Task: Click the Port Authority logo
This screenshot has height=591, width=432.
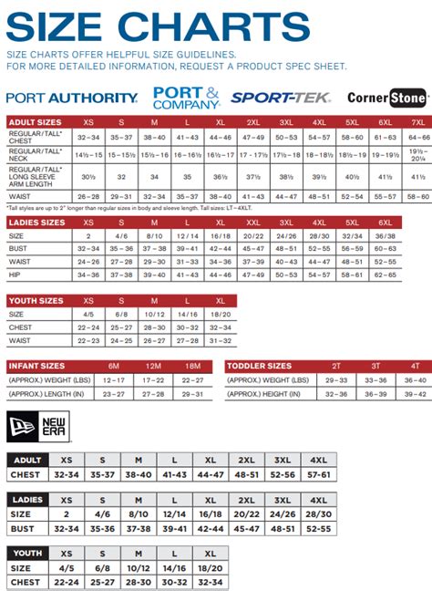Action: pyautogui.click(x=72, y=97)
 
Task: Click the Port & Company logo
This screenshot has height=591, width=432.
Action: pyautogui.click(x=187, y=97)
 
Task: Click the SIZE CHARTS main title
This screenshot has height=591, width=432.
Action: pyautogui.click(x=158, y=27)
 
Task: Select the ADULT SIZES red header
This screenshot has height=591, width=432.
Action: pyautogui.click(x=36, y=121)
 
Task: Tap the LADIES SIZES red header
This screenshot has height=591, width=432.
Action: pyautogui.click(x=37, y=222)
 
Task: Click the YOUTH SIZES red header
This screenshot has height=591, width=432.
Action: pyautogui.click(x=36, y=299)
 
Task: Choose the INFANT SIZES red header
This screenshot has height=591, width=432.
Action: pyautogui.click(x=36, y=366)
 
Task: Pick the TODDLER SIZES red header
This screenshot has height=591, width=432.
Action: pyautogui.click(x=260, y=366)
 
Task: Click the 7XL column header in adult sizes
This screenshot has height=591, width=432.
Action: pyautogui.click(x=417, y=121)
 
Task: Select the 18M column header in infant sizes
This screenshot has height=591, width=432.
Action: pyautogui.click(x=191, y=366)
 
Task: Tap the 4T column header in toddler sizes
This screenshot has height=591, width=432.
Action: pyautogui.click(x=414, y=366)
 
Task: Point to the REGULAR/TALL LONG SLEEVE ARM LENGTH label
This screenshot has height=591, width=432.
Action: pyautogui.click(x=36, y=176)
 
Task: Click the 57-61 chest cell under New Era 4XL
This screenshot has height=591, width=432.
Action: pyautogui.click(x=318, y=475)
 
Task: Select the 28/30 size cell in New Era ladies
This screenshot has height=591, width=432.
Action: pyautogui.click(x=318, y=515)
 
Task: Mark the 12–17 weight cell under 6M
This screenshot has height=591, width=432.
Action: pyautogui.click(x=113, y=379)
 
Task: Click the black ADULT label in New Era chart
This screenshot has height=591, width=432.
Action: pyautogui.click(x=27, y=461)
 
